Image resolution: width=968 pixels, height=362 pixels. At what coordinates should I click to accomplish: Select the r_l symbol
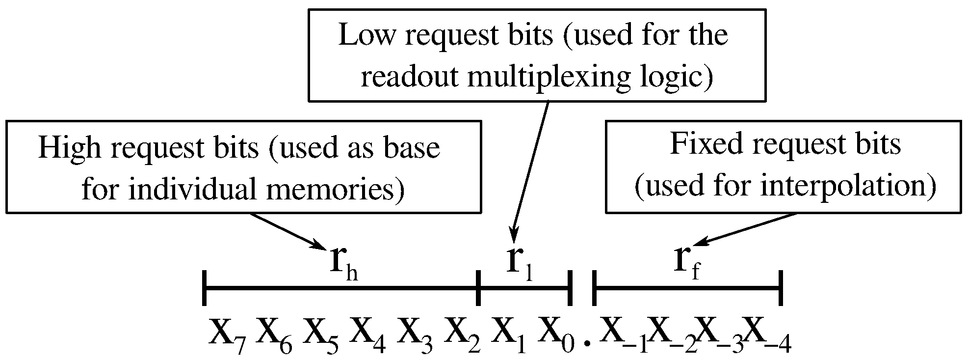[x=520, y=265]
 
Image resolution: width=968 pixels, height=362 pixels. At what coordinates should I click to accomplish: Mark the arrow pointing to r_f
[x=746, y=229]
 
